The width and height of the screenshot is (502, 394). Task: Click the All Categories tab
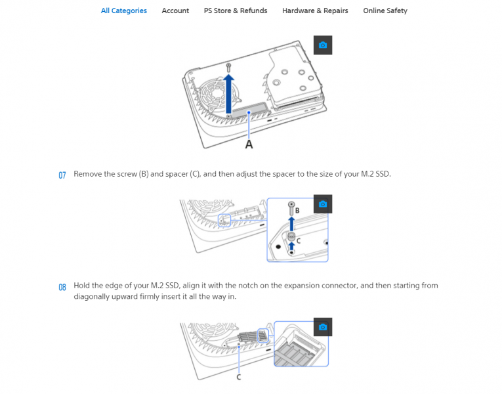pyautogui.click(x=123, y=11)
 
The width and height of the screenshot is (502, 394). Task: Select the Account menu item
pyautogui.click(x=175, y=11)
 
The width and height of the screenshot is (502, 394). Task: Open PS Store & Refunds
pyautogui.click(x=236, y=11)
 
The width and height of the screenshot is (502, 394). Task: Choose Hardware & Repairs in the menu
pyautogui.click(x=315, y=11)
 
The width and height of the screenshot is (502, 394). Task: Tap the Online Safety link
pyautogui.click(x=385, y=11)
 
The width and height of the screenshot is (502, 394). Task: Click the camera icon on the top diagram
pyautogui.click(x=323, y=45)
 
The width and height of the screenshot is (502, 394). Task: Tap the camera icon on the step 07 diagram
pyautogui.click(x=323, y=204)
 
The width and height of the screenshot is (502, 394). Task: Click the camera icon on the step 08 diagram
pyautogui.click(x=323, y=327)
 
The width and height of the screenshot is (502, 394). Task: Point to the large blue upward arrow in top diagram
pyautogui.click(x=228, y=94)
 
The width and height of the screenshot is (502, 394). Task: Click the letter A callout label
pyautogui.click(x=249, y=144)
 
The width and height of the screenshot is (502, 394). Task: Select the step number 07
pyautogui.click(x=62, y=175)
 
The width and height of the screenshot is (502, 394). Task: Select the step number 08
pyautogui.click(x=62, y=287)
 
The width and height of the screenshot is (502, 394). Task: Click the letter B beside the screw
pyautogui.click(x=297, y=210)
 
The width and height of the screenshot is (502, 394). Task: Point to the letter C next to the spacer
pyautogui.click(x=299, y=240)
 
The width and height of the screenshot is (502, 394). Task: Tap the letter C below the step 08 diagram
pyautogui.click(x=238, y=378)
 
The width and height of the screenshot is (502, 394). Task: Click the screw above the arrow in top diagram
pyautogui.click(x=228, y=68)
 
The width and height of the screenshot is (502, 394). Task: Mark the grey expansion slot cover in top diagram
pyautogui.click(x=249, y=111)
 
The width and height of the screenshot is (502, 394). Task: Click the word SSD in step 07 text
pyautogui.click(x=383, y=174)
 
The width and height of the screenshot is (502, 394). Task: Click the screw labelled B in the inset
pyautogui.click(x=291, y=208)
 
